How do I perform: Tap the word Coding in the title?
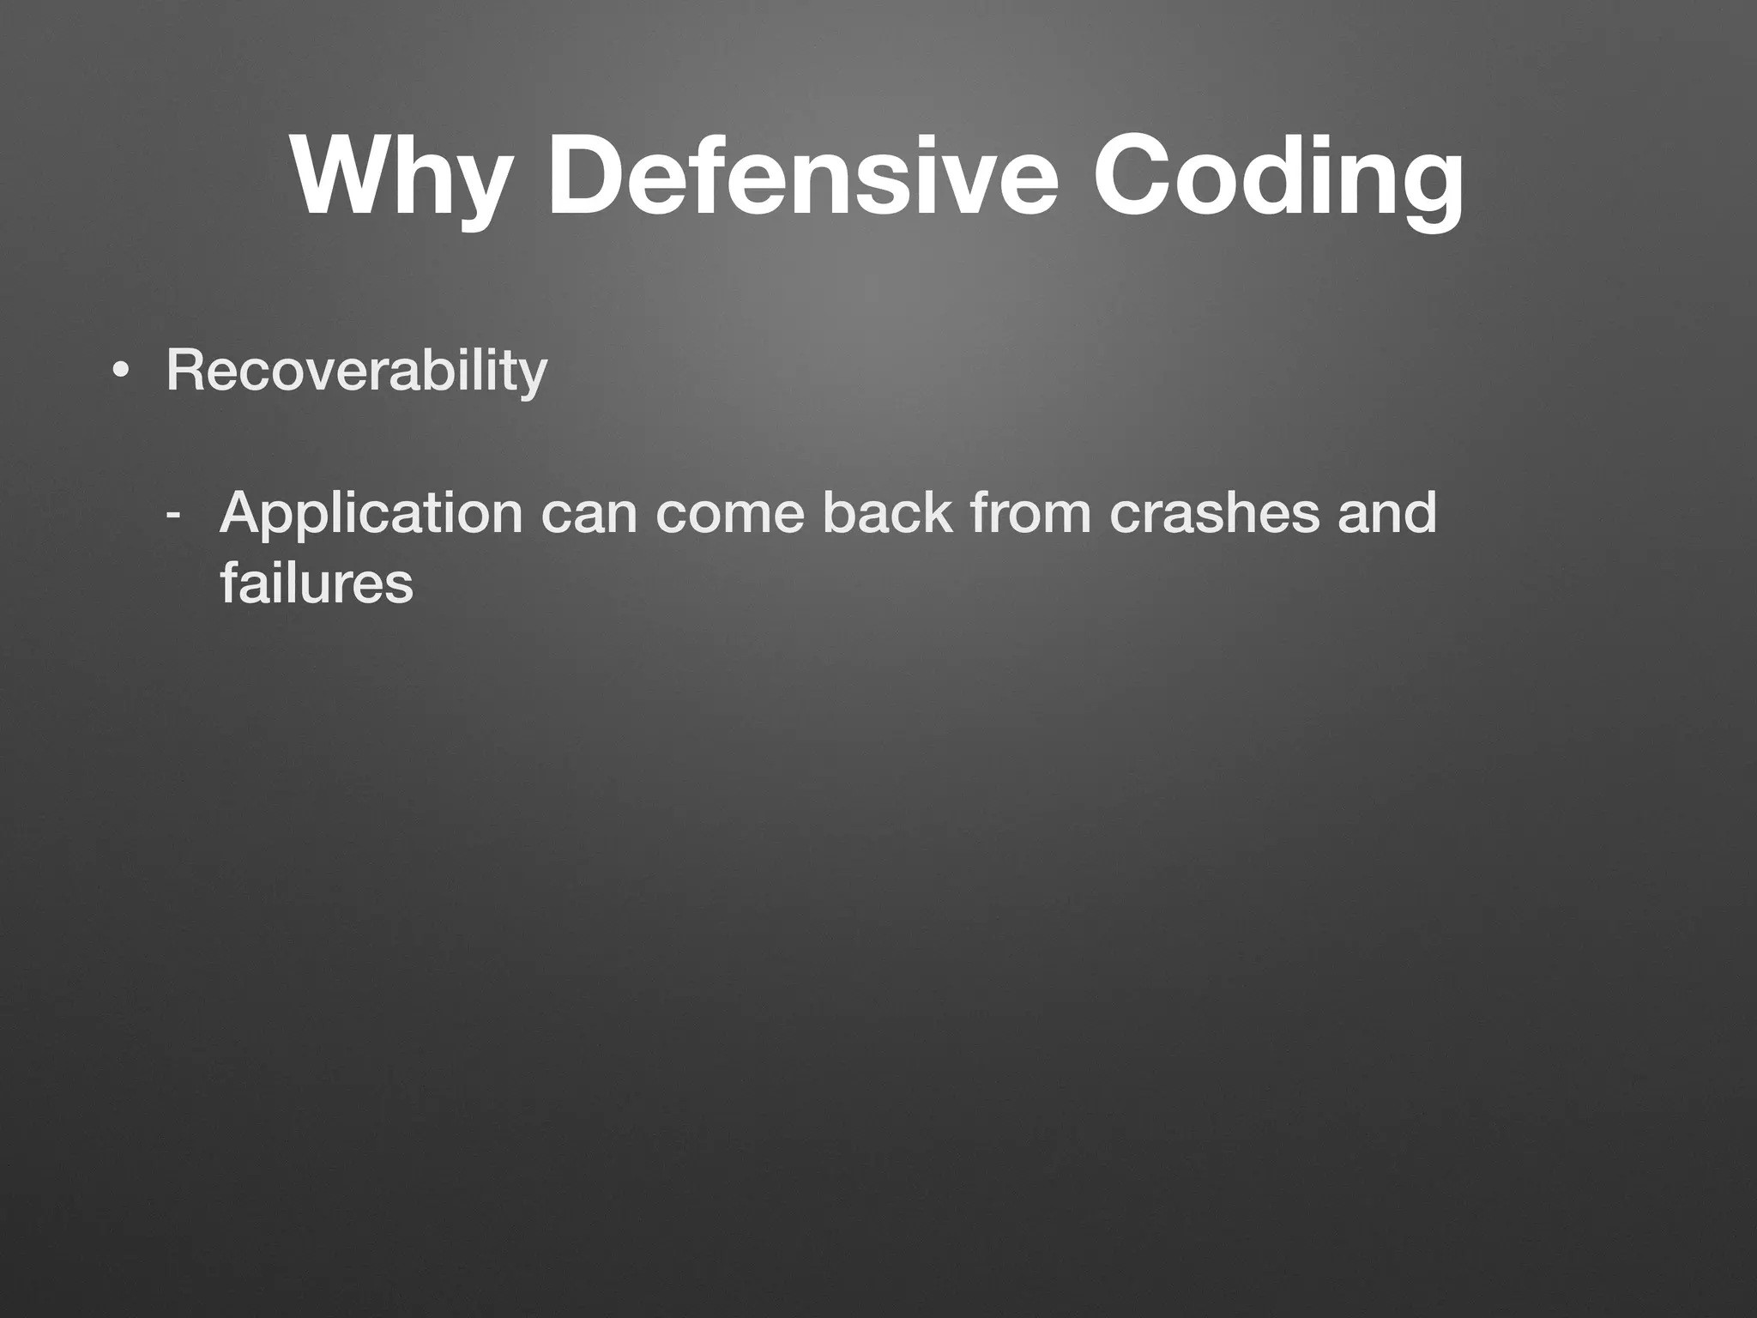click(1278, 176)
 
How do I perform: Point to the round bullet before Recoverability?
click(121, 372)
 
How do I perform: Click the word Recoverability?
click(356, 371)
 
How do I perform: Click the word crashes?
click(1213, 513)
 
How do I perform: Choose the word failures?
click(317, 583)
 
